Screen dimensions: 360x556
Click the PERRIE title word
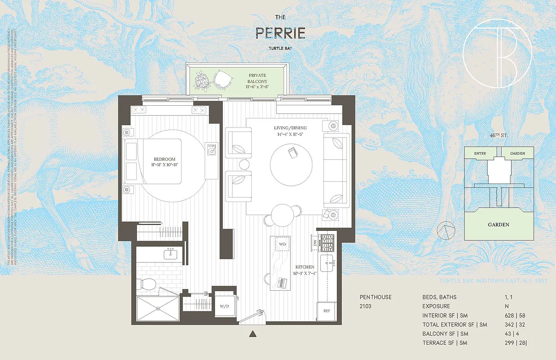pos(280,33)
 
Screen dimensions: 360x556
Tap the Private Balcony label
pos(257,79)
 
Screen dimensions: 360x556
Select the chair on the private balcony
pos(223,80)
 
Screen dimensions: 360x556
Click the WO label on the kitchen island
pos(282,243)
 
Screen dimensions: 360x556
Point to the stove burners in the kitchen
pos(327,243)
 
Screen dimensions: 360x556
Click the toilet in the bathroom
pos(147,283)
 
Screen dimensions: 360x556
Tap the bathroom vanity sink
pos(171,254)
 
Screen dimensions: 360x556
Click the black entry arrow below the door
pos(253,333)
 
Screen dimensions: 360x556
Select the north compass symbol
pos(447,231)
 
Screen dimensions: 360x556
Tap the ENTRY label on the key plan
pos(480,153)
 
